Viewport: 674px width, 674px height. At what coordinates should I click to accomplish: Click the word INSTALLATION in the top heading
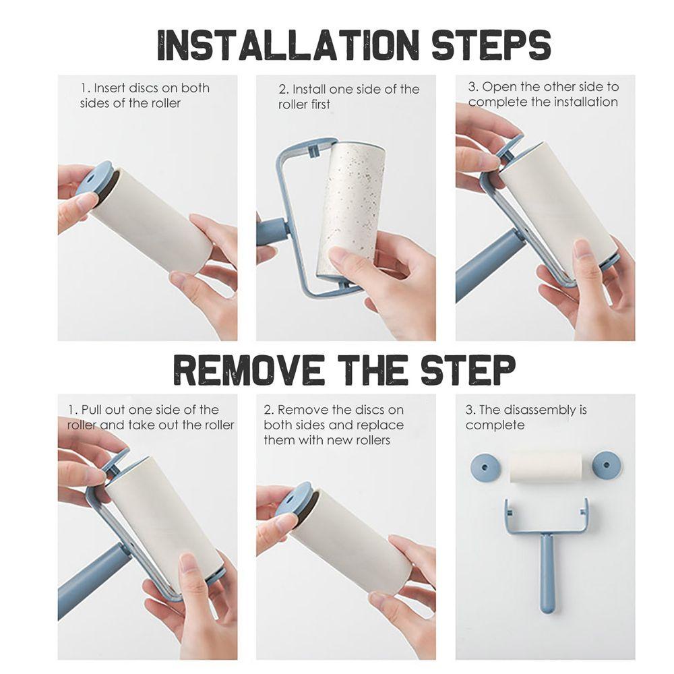[x=288, y=44]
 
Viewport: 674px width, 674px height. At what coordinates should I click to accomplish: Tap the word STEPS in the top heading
[x=491, y=44]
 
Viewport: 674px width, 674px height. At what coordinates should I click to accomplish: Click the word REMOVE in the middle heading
[x=249, y=370]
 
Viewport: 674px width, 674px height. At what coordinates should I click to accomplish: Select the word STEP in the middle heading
[x=468, y=370]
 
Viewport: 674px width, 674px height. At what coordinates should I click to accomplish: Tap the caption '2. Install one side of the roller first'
[x=348, y=96]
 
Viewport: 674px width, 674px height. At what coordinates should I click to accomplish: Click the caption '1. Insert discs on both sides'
[x=144, y=96]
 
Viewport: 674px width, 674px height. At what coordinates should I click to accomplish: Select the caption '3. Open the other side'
[x=543, y=94]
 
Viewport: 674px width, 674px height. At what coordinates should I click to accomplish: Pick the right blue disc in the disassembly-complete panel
[x=606, y=464]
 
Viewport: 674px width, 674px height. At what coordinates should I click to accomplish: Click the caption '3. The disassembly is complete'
[x=526, y=417]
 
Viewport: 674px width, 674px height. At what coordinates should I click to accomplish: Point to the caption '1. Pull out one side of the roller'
[x=150, y=417]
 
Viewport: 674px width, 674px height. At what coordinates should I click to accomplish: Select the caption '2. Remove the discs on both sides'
[x=334, y=425]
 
